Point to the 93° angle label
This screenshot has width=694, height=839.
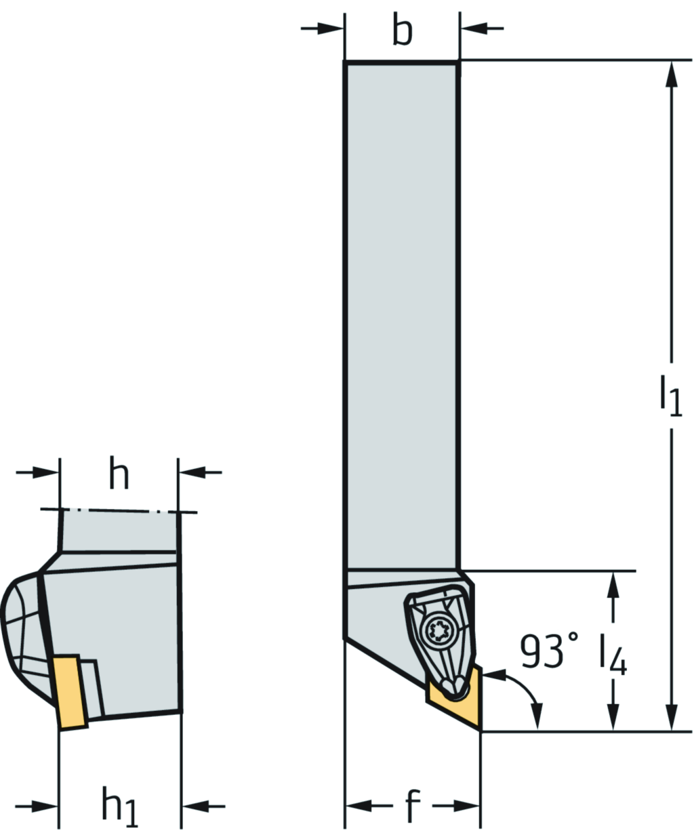[x=550, y=651]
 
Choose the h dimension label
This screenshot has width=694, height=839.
[x=119, y=472]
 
